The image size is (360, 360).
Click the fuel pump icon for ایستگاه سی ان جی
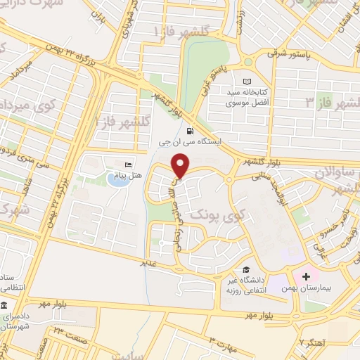coord(189,131)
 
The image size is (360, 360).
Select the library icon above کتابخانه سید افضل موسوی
coord(246,82)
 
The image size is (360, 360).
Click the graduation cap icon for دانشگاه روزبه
coord(246,269)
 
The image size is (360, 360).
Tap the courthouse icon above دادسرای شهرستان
coord(5,307)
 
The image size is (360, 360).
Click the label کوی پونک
coord(211,212)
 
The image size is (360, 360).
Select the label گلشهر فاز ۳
coord(330,103)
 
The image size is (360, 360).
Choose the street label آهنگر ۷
coord(309,342)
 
